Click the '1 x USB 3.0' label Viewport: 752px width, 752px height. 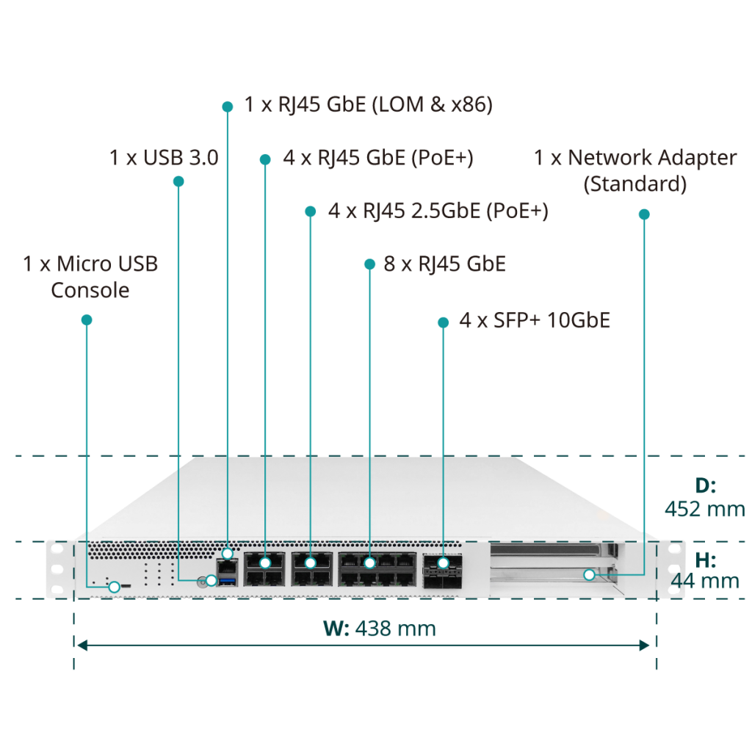pyautogui.click(x=164, y=158)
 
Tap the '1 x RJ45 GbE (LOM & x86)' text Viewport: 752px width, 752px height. pyautogui.click(x=369, y=105)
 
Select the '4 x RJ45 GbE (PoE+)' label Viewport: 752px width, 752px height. pyautogui.click(x=378, y=159)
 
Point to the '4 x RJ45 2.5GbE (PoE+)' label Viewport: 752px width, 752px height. pyautogui.click(x=438, y=211)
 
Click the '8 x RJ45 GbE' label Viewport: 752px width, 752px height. pyautogui.click(x=444, y=264)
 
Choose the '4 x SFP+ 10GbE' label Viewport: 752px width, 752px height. pyautogui.click(x=535, y=320)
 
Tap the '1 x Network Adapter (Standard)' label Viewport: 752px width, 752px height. pyautogui.click(x=635, y=171)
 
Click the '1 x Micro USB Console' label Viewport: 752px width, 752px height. pyautogui.click(x=90, y=277)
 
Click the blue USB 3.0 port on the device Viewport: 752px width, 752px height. pyautogui.click(x=228, y=582)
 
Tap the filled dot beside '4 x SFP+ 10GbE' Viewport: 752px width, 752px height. pyautogui.click(x=443, y=322)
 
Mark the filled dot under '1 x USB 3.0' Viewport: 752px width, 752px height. pyautogui.click(x=178, y=181)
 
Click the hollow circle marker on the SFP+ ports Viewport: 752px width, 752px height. pyautogui.click(x=443, y=562)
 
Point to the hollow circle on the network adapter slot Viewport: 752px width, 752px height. pyautogui.click(x=590, y=574)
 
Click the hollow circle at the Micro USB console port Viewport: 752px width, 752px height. pyautogui.click(x=114, y=587)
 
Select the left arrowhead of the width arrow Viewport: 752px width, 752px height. pyautogui.click(x=82, y=645)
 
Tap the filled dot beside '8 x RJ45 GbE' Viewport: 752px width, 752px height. pyautogui.click(x=369, y=264)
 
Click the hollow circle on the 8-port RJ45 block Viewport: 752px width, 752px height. pyautogui.click(x=369, y=563)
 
